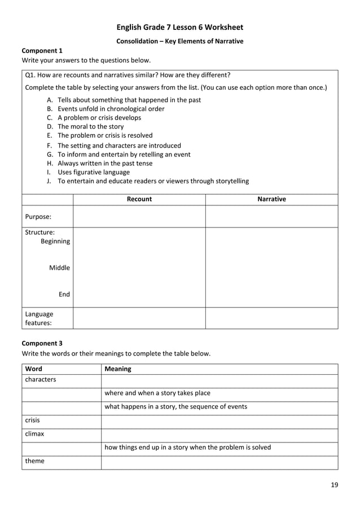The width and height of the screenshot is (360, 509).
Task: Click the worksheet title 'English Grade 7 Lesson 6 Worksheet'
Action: tap(179, 27)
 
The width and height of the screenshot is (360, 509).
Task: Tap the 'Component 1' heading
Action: tap(42, 51)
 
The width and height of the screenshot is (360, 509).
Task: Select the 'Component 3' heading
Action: tap(42, 343)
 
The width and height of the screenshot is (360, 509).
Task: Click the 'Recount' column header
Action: tap(139, 199)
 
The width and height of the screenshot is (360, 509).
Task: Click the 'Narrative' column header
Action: tap(271, 199)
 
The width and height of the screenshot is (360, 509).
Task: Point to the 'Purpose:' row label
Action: tap(38, 216)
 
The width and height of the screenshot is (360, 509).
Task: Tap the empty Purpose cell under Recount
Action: tap(139, 216)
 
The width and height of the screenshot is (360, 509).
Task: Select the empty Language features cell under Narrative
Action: tap(271, 318)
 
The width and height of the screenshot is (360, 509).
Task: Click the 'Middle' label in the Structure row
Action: tap(59, 267)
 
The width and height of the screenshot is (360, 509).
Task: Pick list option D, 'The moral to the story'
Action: tap(90, 127)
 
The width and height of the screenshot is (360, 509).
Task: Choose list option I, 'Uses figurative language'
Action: tap(93, 172)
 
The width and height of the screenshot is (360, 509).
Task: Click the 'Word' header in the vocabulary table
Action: tap(33, 369)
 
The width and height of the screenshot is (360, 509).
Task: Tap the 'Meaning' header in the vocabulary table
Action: tap(118, 369)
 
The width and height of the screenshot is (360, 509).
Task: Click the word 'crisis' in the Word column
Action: tap(32, 420)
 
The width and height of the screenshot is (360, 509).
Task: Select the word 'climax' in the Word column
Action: tap(34, 434)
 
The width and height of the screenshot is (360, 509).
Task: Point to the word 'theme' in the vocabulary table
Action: tap(34, 461)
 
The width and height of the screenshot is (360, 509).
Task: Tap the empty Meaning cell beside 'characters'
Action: tap(219, 380)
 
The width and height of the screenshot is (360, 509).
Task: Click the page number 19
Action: tap(335, 485)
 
